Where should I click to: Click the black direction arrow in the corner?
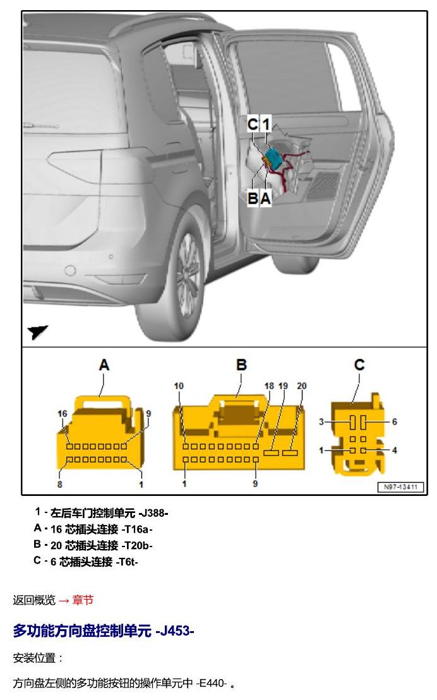(37, 332)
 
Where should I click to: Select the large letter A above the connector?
(104, 365)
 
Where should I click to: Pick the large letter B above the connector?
(241, 365)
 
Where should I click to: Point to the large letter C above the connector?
(359, 365)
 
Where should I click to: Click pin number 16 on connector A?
(63, 414)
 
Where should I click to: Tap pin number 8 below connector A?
(60, 484)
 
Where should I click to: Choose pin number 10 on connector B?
(179, 386)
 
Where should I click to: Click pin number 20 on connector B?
(302, 386)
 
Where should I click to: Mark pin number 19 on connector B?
(283, 386)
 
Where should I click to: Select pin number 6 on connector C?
(395, 421)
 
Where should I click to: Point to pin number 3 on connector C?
(321, 421)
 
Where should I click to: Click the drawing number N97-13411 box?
(400, 486)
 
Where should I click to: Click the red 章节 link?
(83, 600)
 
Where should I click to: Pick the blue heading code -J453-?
(174, 631)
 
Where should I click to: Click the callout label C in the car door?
(253, 124)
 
